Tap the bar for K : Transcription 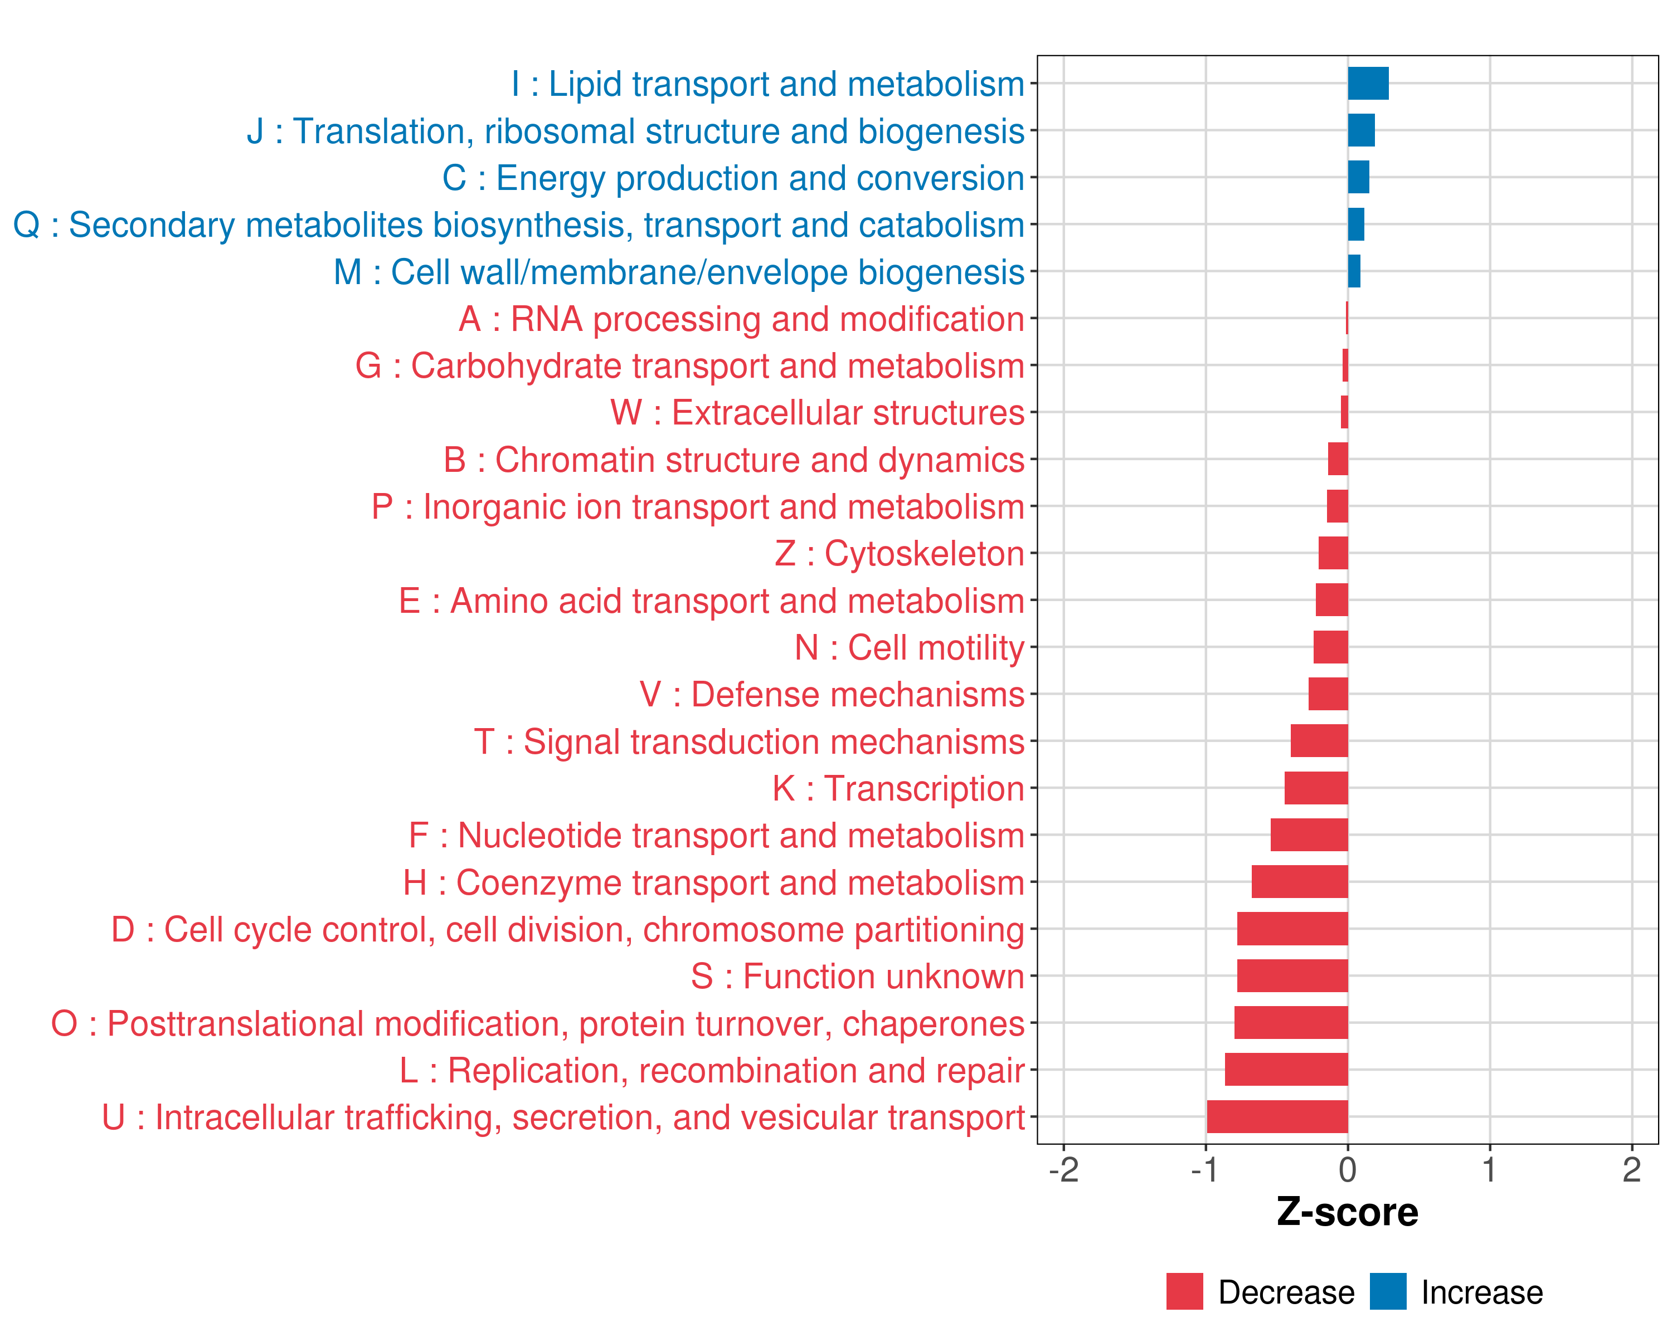coord(1315,788)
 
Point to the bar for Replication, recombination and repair coord(1286,1070)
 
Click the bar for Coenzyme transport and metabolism coord(1299,881)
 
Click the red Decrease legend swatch coord(1184,1291)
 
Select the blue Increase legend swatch coord(1387,1291)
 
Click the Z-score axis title coord(1347,1212)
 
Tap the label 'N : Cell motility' coord(909,648)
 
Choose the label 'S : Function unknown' coord(858,977)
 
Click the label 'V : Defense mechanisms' coord(832,695)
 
